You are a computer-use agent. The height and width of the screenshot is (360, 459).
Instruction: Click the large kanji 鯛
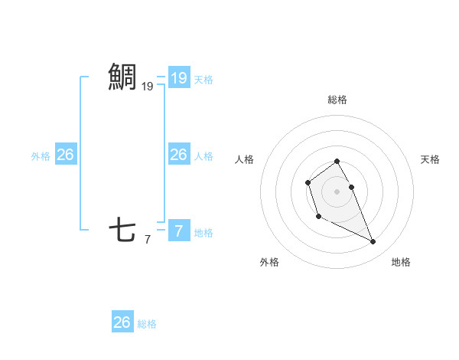click(122, 77)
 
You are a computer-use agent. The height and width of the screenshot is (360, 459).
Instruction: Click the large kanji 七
click(122, 230)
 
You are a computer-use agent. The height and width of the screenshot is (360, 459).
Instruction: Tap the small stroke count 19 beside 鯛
click(147, 87)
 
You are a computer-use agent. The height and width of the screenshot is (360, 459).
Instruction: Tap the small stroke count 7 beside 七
click(147, 240)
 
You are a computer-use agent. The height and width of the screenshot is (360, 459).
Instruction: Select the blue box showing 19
click(178, 77)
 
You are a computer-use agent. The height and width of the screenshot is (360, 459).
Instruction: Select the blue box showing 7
click(178, 230)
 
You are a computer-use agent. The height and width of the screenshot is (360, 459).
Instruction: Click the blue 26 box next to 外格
click(65, 155)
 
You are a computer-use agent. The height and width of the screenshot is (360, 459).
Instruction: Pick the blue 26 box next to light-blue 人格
click(178, 155)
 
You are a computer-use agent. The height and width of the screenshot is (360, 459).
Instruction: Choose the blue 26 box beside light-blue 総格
click(122, 322)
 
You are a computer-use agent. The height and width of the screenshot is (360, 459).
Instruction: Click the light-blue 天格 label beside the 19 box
click(203, 79)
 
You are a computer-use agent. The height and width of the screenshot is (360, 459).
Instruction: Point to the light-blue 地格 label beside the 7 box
click(203, 233)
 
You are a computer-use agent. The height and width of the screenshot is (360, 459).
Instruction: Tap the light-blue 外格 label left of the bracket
click(41, 156)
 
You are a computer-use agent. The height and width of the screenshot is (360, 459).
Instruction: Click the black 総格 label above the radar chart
click(337, 100)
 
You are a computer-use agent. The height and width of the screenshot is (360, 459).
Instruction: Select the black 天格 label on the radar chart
click(431, 159)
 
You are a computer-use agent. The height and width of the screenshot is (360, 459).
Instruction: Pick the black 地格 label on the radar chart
click(401, 262)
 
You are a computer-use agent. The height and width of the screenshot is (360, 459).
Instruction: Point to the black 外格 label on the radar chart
click(269, 262)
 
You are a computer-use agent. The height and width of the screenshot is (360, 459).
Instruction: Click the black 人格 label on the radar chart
click(244, 159)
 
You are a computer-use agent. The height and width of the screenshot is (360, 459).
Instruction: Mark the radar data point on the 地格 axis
click(373, 242)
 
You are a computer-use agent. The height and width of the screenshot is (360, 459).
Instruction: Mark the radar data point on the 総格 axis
click(337, 161)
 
